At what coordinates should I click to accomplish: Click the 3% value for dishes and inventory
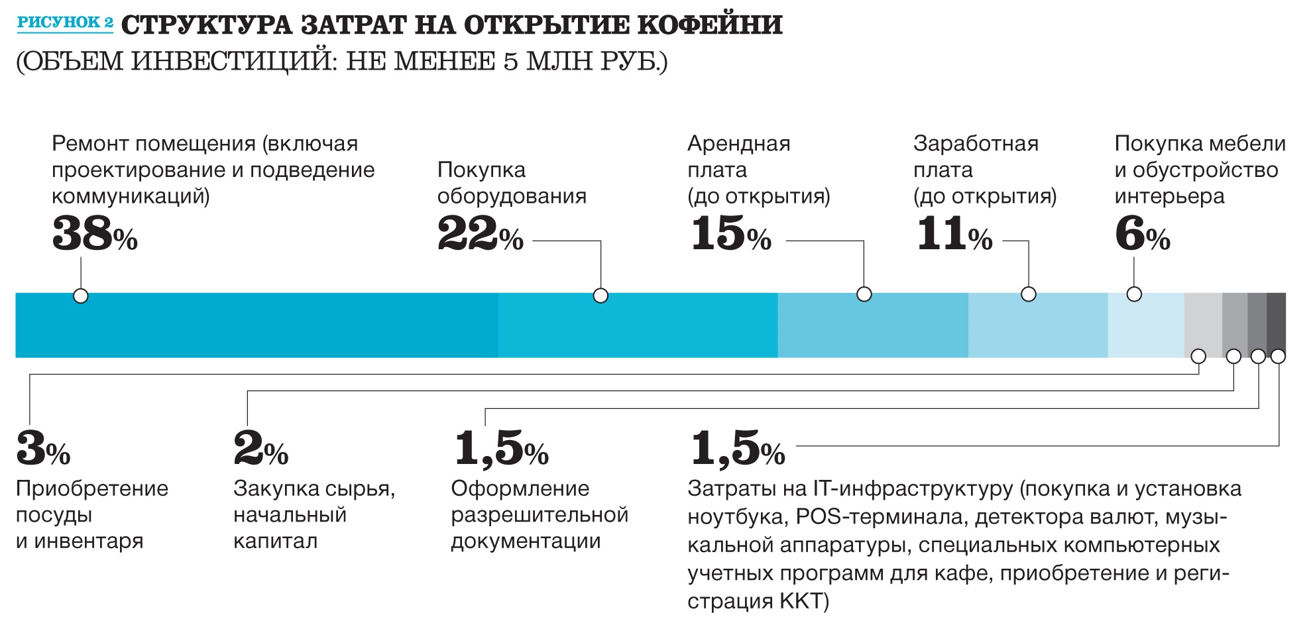coord(42,449)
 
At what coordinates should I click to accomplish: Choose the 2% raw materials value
coord(260,449)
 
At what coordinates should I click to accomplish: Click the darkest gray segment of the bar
coord(1276,325)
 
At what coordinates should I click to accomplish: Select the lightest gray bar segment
coord(1203,325)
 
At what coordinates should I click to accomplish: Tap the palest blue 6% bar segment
coord(1145,325)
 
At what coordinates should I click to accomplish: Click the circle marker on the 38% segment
coord(81,296)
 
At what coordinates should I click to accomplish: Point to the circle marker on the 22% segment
coord(600,296)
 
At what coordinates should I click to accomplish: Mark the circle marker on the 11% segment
coord(1028,294)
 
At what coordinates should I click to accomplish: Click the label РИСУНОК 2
coord(65,23)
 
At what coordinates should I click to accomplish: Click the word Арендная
coord(738,144)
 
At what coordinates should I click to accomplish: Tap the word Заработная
coord(976,144)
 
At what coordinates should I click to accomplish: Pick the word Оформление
coord(520,488)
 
